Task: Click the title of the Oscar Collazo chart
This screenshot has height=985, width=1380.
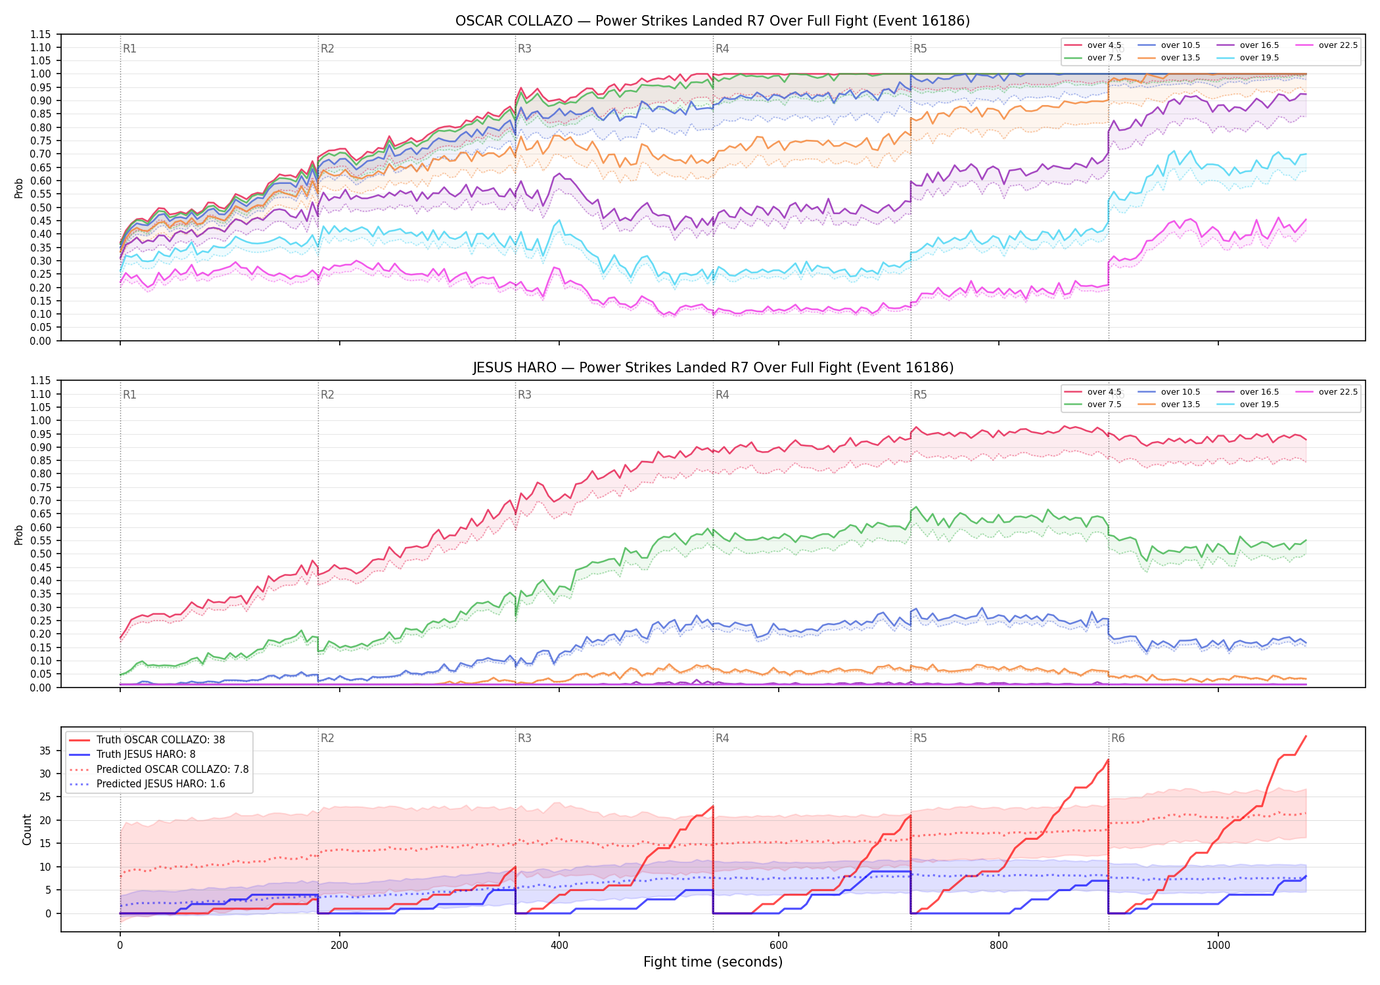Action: pos(712,21)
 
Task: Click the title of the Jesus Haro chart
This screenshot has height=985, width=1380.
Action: pos(712,368)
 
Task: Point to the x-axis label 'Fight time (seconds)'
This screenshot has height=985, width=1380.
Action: pos(713,962)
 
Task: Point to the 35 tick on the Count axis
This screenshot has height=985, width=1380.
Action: pos(45,751)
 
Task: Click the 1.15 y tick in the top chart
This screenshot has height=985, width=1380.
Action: pos(40,34)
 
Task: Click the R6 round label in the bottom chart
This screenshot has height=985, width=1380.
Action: pos(1118,738)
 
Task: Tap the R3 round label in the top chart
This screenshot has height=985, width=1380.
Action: pos(524,49)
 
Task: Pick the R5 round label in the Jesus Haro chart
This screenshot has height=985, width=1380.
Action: pos(920,395)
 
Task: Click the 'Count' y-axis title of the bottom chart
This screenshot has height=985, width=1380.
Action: pos(27,829)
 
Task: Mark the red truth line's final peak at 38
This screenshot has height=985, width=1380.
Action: pos(1306,736)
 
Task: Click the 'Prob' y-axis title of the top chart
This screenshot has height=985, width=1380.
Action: pos(19,188)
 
